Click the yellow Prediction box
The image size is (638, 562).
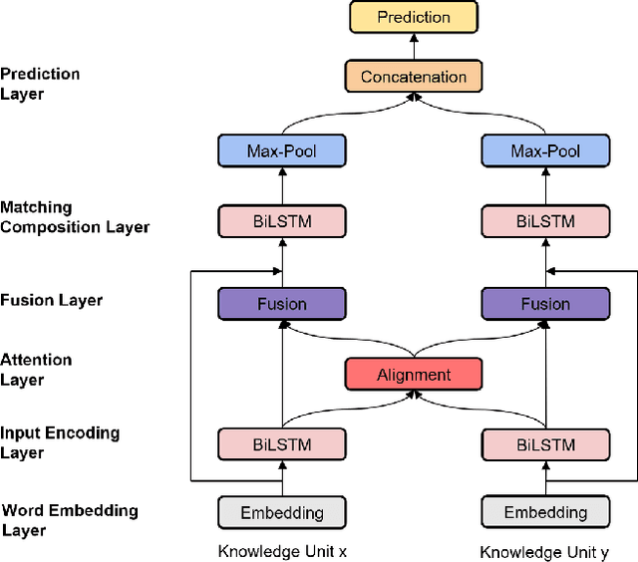[414, 17]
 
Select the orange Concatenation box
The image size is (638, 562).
[414, 77]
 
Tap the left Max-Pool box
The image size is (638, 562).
[281, 151]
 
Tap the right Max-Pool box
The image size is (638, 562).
[545, 151]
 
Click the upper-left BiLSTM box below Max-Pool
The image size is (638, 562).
[281, 220]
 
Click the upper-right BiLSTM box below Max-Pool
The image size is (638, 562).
[545, 220]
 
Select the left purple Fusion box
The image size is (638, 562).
[281, 304]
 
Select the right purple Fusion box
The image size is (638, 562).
[545, 304]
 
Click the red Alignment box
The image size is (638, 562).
[414, 375]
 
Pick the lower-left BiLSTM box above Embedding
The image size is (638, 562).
[281, 443]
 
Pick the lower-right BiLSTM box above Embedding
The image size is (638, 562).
[545, 443]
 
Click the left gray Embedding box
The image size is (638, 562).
[281, 512]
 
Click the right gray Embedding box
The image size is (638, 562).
[545, 512]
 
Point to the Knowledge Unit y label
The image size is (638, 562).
[543, 551]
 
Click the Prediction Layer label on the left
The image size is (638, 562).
[40, 84]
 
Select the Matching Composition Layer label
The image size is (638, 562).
[75, 217]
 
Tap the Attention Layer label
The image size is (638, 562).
[36, 370]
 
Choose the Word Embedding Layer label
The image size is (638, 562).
[69, 520]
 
